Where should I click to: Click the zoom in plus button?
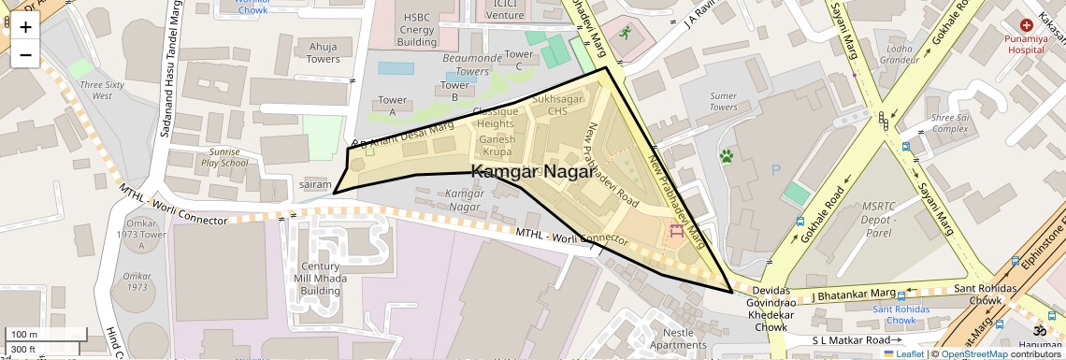pos(25,27)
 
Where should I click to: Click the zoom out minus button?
pos(25,54)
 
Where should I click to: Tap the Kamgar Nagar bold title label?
pos(531,172)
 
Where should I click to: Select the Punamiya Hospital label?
pos(1025,44)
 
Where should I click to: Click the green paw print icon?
pos(727,155)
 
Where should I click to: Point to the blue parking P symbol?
pos(774,170)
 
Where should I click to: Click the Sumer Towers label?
pos(723,101)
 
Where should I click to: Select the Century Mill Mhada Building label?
pos(321,279)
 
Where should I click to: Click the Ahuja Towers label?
pos(324,53)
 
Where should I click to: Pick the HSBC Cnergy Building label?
pos(417,30)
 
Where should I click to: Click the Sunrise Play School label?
pos(223,157)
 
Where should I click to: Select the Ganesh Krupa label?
pos(497,146)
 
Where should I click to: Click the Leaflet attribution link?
pos(904,354)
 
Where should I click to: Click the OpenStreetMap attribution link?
pos(974,354)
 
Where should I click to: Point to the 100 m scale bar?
pos(47,335)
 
